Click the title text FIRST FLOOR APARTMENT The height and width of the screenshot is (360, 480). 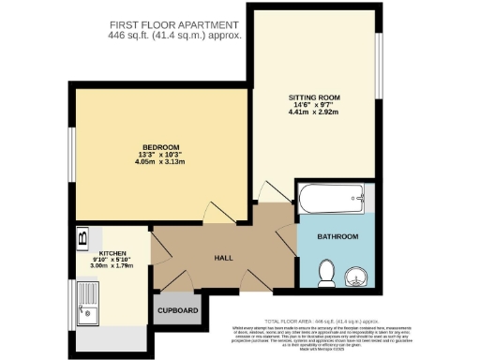coord(175,24)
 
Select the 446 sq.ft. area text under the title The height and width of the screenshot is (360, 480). coord(175,36)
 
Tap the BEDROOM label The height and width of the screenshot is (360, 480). coord(156,147)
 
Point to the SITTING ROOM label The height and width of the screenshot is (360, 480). coord(314,97)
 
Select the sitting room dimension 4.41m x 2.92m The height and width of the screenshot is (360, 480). coord(314,112)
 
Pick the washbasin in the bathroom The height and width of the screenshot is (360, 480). coord(357,276)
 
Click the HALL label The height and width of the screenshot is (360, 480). coord(223,258)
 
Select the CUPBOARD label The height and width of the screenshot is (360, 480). coord(177,310)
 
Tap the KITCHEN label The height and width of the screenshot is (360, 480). coord(112,253)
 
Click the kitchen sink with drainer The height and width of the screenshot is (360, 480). coord(93,304)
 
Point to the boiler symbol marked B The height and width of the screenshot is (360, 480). coord(82,236)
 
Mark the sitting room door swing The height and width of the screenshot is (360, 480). coord(271,190)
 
